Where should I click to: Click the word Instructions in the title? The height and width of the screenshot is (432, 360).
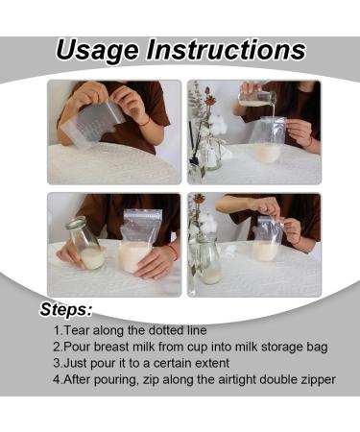tap(233, 50)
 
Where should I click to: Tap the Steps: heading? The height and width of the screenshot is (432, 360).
tap(66, 310)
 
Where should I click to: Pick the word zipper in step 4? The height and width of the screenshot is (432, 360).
tap(314, 379)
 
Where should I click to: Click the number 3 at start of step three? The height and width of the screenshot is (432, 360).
tap(57, 363)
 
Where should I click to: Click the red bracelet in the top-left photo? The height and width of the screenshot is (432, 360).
tap(144, 121)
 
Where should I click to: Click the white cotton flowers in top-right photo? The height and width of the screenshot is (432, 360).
tap(214, 126)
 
